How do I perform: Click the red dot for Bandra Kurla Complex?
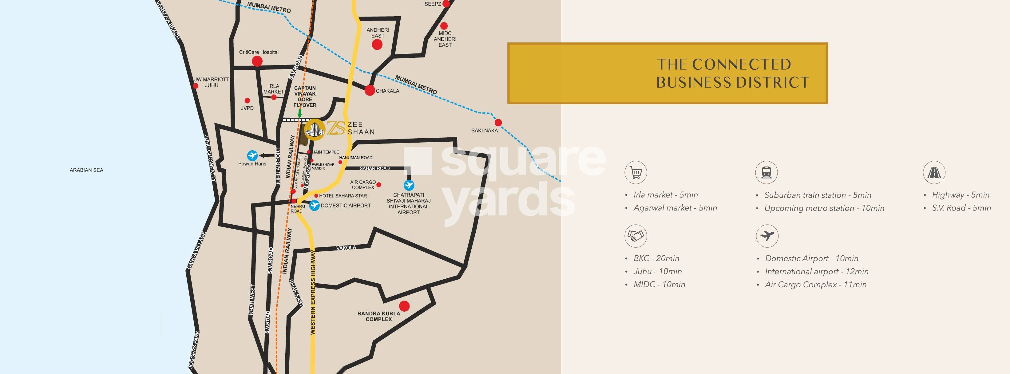tap(404, 306)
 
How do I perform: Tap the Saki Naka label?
tap(484, 131)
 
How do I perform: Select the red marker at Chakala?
tap(369, 91)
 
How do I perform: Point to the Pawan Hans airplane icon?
tap(252, 156)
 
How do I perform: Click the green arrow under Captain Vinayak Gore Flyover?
tap(299, 113)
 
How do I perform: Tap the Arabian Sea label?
tap(86, 170)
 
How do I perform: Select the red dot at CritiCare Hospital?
tap(257, 61)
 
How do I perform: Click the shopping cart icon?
tap(636, 172)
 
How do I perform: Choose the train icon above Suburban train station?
tap(766, 172)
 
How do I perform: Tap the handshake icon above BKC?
tap(636, 236)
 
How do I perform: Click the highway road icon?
tap(934, 172)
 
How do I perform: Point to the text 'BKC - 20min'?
tap(656, 258)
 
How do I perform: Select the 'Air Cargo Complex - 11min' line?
tap(815, 285)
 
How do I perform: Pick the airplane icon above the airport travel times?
tap(767, 236)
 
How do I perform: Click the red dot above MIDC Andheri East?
tap(444, 26)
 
